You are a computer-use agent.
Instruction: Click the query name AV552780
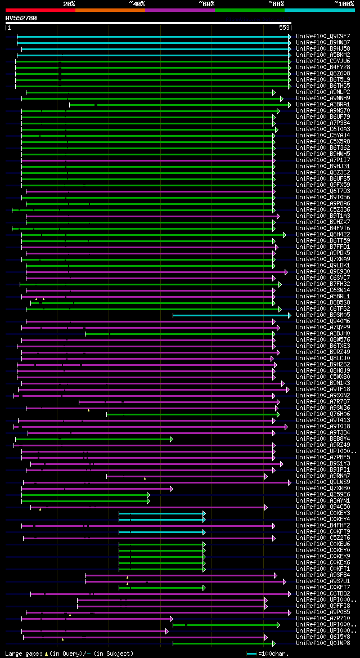pyautogui.click(x=21, y=18)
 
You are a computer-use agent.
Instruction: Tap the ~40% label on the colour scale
pyautogui.click(x=137, y=3)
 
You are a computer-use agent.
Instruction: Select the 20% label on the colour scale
pyautogui.click(x=69, y=3)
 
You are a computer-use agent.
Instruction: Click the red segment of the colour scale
pyautogui.click(x=40, y=10)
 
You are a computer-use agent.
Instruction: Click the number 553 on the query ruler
pyautogui.click(x=284, y=27)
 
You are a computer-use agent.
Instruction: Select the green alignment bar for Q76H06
pyautogui.click(x=191, y=414)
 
